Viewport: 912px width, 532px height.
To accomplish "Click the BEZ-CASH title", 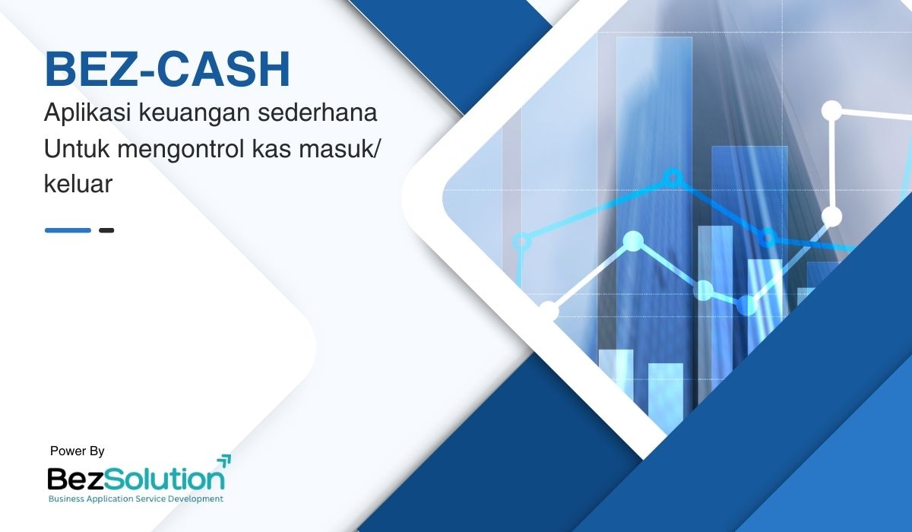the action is (x=167, y=69).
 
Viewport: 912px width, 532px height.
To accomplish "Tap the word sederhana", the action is (x=317, y=112).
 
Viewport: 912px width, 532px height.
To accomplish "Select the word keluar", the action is (x=78, y=184).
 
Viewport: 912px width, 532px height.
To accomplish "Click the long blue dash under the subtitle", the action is (x=68, y=230).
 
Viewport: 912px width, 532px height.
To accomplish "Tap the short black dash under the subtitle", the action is (x=106, y=230).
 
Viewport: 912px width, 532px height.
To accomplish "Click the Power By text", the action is (x=78, y=451).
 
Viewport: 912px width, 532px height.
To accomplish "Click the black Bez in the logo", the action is (x=76, y=479).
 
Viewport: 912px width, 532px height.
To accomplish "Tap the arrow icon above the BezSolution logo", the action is (x=224, y=460).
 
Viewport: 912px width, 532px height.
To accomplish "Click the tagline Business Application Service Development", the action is (x=136, y=499).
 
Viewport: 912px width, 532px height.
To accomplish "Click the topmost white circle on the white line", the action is (x=831, y=111).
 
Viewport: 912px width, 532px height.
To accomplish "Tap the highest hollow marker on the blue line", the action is (x=673, y=178).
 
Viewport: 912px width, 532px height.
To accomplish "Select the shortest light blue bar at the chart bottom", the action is (x=666, y=394).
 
